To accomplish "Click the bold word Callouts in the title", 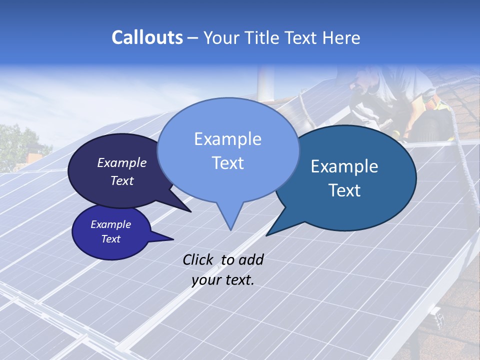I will click(x=147, y=37).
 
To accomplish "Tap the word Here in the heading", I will click(x=341, y=37).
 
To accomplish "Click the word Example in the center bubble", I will click(x=227, y=139).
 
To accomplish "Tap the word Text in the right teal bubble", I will click(x=344, y=190).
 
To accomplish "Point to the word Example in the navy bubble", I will click(x=122, y=162).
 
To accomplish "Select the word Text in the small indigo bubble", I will click(x=111, y=239).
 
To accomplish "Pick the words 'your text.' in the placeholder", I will click(x=223, y=280).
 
